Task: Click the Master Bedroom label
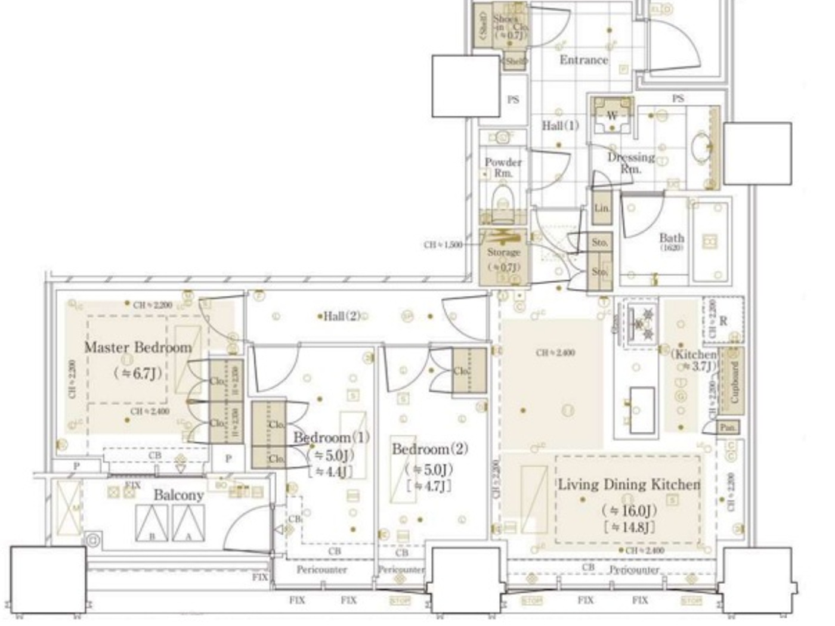pos(138,348)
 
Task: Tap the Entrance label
pos(583,60)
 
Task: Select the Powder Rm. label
pos(503,167)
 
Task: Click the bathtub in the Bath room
pos(710,241)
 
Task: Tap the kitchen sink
pos(641,410)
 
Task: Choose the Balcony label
pos(178,495)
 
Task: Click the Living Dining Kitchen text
pos(629,484)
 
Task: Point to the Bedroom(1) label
pos(331,437)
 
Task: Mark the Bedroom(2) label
pos(429,449)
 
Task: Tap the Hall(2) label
pos(342,316)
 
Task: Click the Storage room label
pos(503,252)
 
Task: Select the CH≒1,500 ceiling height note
pos(443,244)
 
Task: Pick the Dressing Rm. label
pos(631,163)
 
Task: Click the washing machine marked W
pos(611,116)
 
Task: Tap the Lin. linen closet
pos(602,208)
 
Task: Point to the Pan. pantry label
pos(726,427)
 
